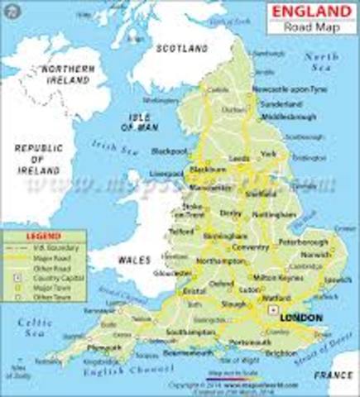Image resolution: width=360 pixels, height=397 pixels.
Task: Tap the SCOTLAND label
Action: pos(182,50)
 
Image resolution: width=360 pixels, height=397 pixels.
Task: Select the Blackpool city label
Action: pos(170,152)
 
